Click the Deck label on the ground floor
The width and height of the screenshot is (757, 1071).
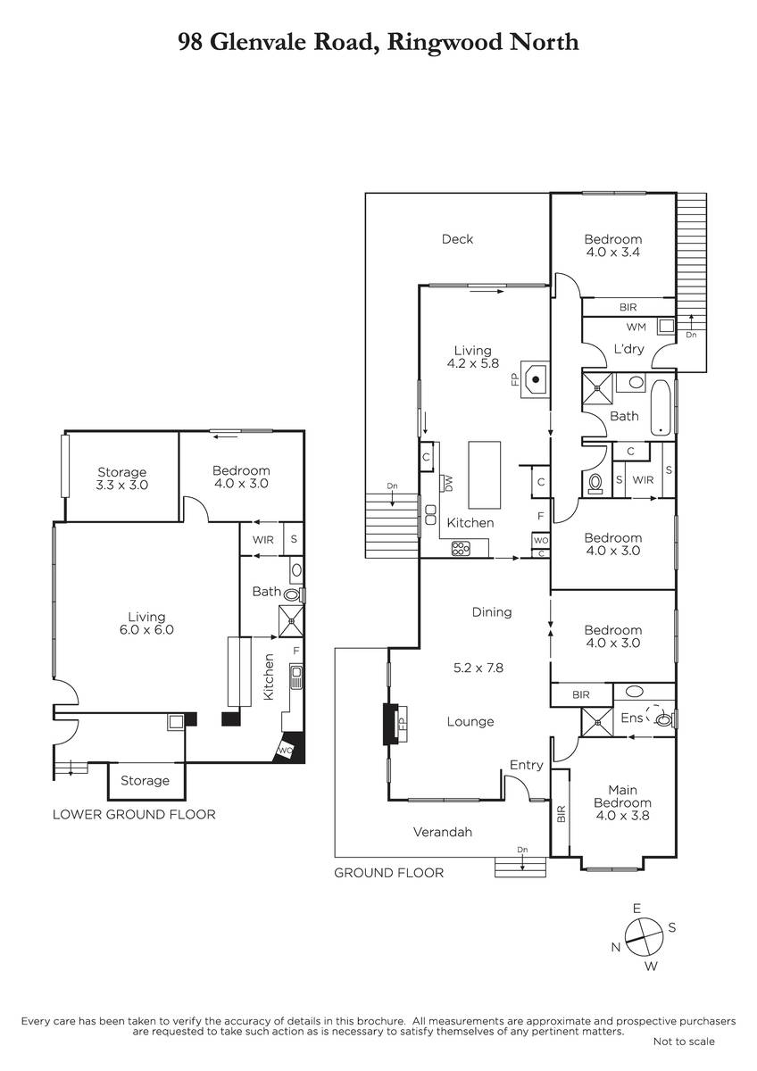[x=457, y=239]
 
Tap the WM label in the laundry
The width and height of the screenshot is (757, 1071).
[x=636, y=327]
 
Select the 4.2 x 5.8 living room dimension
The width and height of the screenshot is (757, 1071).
[x=472, y=363]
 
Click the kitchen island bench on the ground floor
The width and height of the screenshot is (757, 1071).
[x=485, y=475]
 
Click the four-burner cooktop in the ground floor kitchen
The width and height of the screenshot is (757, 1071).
[x=461, y=548]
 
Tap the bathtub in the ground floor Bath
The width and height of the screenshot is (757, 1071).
[x=661, y=407]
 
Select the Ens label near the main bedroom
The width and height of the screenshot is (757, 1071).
[x=632, y=718]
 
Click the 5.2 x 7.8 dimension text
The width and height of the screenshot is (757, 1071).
[x=478, y=668]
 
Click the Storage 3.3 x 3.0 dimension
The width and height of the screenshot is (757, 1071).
[x=122, y=485]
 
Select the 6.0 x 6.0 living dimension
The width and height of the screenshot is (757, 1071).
[x=146, y=630]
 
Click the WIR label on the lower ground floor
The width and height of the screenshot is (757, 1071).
[x=263, y=540]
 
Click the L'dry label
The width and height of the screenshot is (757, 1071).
[x=628, y=349]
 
